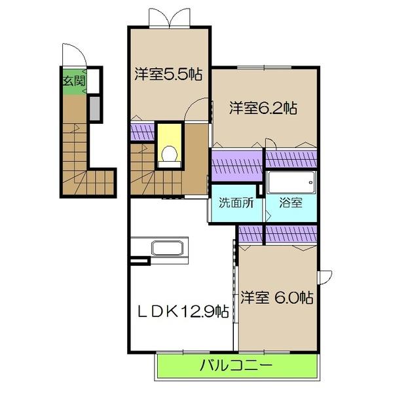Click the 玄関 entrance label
click(73, 82)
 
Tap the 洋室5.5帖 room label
click(168, 74)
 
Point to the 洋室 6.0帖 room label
click(275, 298)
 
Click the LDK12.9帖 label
click(181, 310)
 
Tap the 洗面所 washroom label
click(236, 202)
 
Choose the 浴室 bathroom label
click(291, 202)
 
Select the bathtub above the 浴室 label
click(291, 181)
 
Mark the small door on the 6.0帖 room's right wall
click(326, 277)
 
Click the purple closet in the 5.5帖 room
click(142, 132)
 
